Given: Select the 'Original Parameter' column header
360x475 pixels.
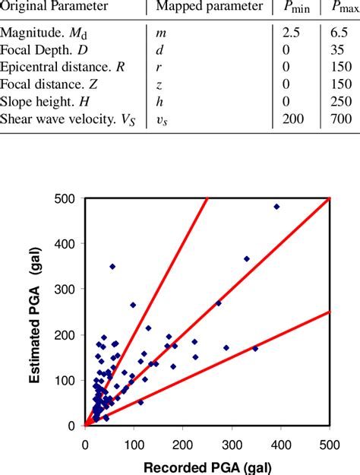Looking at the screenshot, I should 53,7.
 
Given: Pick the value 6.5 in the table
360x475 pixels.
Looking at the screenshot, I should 339,34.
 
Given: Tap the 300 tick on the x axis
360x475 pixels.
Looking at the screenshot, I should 232,439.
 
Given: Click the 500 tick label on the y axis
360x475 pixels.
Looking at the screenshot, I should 70,198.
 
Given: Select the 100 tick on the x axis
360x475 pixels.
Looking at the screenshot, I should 134,439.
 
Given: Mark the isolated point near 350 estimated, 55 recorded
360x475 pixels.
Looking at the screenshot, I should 112,266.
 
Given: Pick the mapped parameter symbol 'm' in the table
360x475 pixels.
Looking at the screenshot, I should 161,34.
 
